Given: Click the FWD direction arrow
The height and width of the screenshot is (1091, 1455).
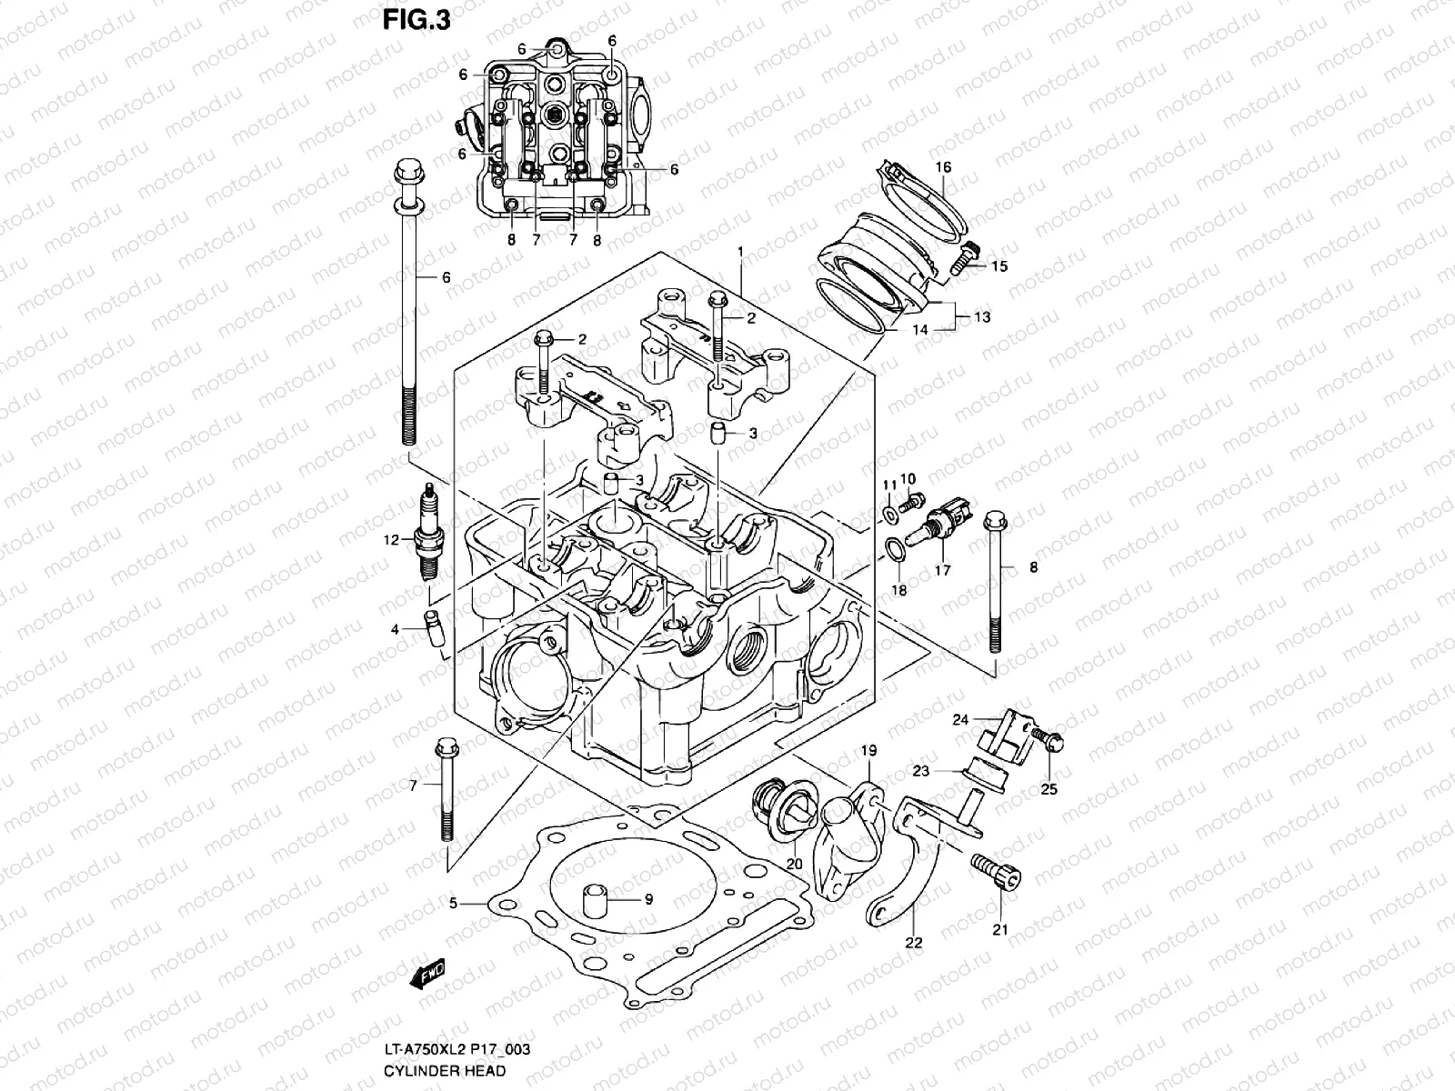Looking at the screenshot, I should [427, 975].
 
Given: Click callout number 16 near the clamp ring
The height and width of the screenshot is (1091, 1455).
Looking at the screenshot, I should [943, 167].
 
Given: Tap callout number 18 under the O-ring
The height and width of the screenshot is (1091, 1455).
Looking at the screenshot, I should [899, 590].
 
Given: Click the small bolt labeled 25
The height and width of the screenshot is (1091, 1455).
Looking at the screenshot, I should [1049, 738].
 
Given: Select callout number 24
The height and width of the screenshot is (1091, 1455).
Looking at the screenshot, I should [960, 720].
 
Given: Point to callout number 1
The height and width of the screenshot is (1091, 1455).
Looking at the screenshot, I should [741, 225].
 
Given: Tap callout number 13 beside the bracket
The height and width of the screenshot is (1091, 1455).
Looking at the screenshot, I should [982, 317].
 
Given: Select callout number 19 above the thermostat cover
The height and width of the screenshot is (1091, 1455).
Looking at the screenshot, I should [868, 750].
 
